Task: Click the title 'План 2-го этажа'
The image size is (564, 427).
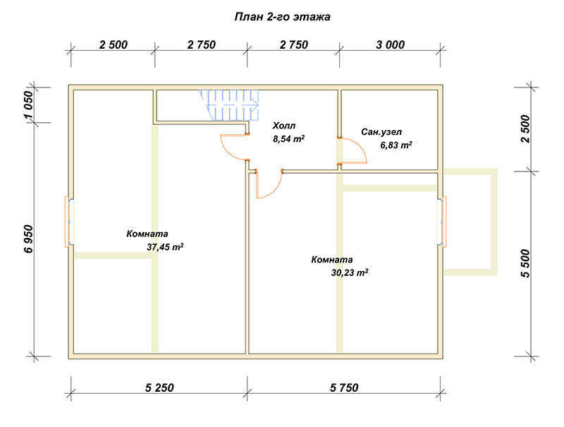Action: (x=283, y=17)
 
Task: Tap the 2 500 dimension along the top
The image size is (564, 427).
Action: (x=114, y=44)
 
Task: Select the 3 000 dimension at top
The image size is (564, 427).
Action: (x=391, y=44)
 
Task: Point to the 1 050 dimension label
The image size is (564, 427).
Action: (x=28, y=104)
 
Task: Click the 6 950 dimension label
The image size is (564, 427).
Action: (x=29, y=239)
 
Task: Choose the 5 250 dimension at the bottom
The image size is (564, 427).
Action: (x=159, y=387)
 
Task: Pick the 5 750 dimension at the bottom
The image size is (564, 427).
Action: (x=344, y=387)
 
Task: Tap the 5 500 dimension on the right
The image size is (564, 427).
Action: (x=525, y=263)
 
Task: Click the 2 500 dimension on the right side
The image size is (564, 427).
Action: (x=525, y=128)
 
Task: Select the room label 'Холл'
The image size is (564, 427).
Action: (x=284, y=126)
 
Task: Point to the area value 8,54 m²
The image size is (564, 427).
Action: (x=289, y=138)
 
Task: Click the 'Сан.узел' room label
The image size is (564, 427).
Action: (x=381, y=132)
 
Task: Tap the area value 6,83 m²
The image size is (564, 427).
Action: (x=396, y=145)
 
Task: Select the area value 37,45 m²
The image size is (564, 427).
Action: (x=165, y=247)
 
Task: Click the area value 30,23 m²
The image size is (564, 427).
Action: (x=350, y=272)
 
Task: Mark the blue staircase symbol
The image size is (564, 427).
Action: (x=230, y=104)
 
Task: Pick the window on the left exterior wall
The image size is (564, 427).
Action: (x=68, y=222)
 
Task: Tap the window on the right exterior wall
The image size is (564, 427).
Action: (x=443, y=222)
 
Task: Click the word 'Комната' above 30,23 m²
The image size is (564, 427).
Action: (x=332, y=260)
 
